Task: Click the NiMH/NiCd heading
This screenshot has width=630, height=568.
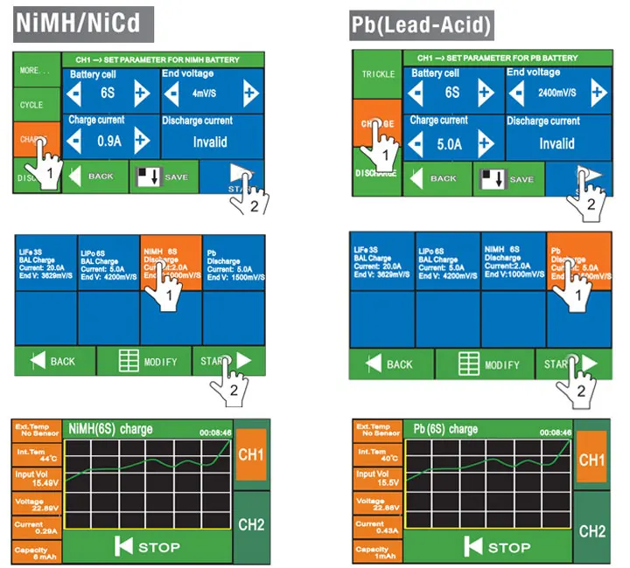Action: (84, 23)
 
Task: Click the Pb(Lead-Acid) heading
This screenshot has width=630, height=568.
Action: (421, 25)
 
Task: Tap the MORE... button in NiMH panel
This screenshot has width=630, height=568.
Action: (34, 70)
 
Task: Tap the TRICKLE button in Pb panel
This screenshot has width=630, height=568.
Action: (376, 73)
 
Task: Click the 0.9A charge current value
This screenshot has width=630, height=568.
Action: (109, 141)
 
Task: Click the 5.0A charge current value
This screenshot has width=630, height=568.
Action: (452, 143)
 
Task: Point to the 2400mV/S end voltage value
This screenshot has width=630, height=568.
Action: (556, 92)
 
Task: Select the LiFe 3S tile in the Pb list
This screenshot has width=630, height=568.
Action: (381, 260)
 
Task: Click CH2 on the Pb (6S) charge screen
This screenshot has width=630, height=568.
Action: (592, 530)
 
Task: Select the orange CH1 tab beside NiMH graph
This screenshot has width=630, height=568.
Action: (252, 454)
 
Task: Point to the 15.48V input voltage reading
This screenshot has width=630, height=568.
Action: (37, 478)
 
